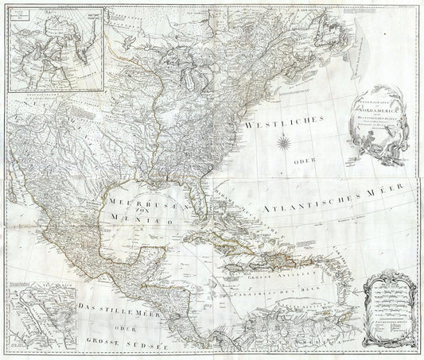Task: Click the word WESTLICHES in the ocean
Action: pyautogui.click(x=278, y=124)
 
